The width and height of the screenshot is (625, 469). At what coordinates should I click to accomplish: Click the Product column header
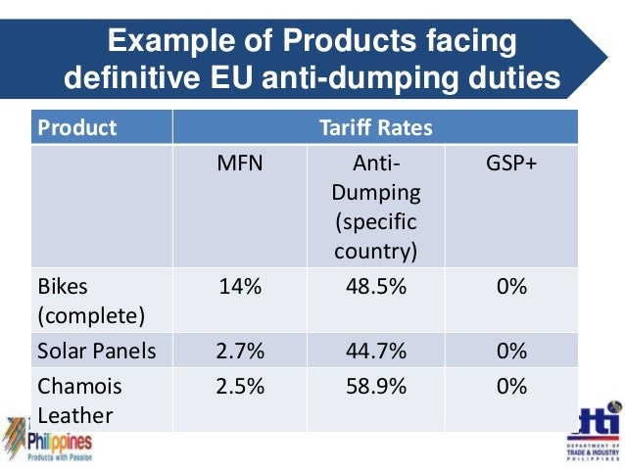coord(76,127)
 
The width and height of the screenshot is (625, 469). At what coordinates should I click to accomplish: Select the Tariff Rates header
coord(375,127)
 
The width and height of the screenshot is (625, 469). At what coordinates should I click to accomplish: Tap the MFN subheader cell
coord(240,163)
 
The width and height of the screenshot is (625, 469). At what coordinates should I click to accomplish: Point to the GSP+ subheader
coord(511,163)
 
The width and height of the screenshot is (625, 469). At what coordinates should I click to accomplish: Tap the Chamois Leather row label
coord(77,400)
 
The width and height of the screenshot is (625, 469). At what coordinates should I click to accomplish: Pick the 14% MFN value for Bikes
coord(240,288)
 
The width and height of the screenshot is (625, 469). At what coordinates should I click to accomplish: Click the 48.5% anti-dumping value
coord(376,288)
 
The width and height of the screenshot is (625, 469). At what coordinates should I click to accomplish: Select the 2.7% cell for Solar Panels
coord(240,351)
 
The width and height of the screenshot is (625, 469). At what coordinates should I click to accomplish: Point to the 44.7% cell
coord(376,351)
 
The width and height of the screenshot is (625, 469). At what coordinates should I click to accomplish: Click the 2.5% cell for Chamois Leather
coord(240,386)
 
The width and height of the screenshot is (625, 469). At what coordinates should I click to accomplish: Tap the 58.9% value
coord(376,386)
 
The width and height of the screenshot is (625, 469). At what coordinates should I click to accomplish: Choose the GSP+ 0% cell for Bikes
coord(511,288)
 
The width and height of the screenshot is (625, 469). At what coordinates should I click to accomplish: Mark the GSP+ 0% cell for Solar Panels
coord(511,351)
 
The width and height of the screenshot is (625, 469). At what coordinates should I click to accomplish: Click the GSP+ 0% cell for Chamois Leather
coord(511,386)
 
